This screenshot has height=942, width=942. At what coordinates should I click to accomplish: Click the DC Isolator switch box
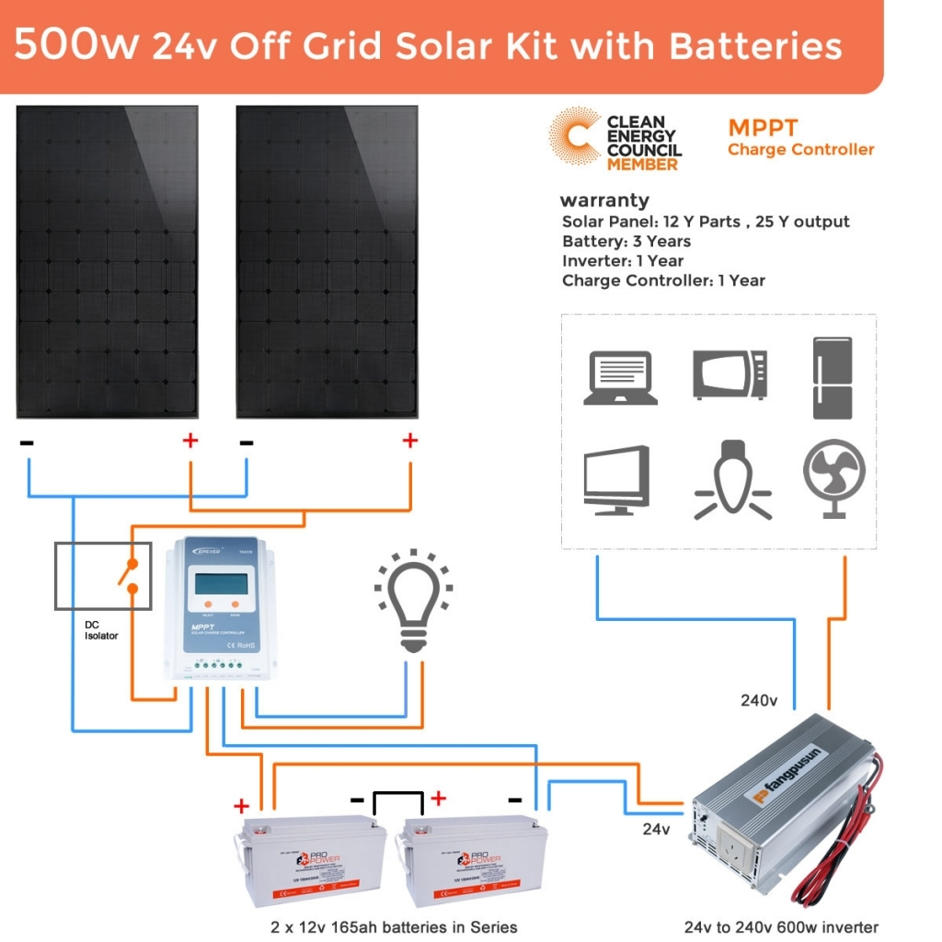click(103, 576)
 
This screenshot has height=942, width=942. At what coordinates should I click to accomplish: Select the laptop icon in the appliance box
click(620, 377)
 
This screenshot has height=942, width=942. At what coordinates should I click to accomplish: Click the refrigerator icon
click(833, 377)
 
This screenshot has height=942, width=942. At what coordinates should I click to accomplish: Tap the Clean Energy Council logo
click(615, 141)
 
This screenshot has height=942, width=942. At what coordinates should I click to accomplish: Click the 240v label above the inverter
click(759, 701)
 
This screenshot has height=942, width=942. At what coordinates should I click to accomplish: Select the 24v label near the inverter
click(655, 829)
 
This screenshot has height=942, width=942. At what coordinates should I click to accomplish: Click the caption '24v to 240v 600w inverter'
click(781, 927)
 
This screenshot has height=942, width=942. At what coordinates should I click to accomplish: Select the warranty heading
click(604, 201)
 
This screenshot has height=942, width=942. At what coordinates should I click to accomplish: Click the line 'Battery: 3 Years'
click(626, 241)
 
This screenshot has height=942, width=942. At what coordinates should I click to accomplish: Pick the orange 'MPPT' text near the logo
click(763, 128)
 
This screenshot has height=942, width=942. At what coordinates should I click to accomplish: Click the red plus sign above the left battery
click(241, 807)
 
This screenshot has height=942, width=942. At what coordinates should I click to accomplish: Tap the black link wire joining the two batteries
click(396, 792)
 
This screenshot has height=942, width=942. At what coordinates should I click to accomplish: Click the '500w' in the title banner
click(76, 46)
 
